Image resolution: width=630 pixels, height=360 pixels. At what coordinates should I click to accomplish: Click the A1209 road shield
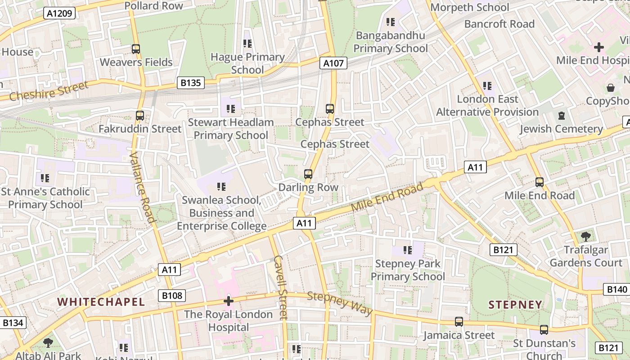coord(60,13)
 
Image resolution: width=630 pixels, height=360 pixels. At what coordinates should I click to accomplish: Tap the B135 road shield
coord(191,83)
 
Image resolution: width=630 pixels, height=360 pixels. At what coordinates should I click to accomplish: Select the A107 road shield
coord(333,63)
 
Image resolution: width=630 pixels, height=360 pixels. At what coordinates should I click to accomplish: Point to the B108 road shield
coord(172,296)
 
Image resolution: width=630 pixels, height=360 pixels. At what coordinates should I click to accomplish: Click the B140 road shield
coord(616,289)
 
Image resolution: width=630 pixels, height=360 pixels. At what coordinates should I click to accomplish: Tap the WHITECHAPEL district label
coord(101,302)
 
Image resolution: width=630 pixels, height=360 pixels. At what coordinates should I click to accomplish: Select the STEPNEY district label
coord(515,305)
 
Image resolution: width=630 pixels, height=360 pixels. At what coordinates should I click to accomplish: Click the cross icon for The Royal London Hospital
coord(229,301)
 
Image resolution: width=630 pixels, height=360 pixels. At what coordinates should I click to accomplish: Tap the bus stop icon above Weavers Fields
coord(135,49)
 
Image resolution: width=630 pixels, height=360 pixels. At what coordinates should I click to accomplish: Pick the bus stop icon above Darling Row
coord(308,174)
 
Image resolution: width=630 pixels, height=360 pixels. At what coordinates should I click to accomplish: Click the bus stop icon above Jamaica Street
coord(459,322)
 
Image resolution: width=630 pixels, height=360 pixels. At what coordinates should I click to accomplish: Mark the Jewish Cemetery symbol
coord(561,116)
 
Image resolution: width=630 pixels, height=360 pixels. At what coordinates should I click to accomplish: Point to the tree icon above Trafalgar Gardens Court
coord(585,236)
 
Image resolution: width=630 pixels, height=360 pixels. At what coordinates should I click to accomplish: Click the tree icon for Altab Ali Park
coord(48,343)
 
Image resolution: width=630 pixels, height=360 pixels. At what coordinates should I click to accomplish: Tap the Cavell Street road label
coord(280,287)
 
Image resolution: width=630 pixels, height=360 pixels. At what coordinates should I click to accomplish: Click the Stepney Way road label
coord(340,303)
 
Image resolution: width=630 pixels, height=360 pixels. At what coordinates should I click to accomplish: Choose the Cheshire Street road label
coord(49,91)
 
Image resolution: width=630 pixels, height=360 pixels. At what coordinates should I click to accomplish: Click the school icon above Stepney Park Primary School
coord(408,250)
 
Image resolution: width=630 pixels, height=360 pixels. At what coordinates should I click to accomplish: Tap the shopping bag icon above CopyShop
coord(611,87)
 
